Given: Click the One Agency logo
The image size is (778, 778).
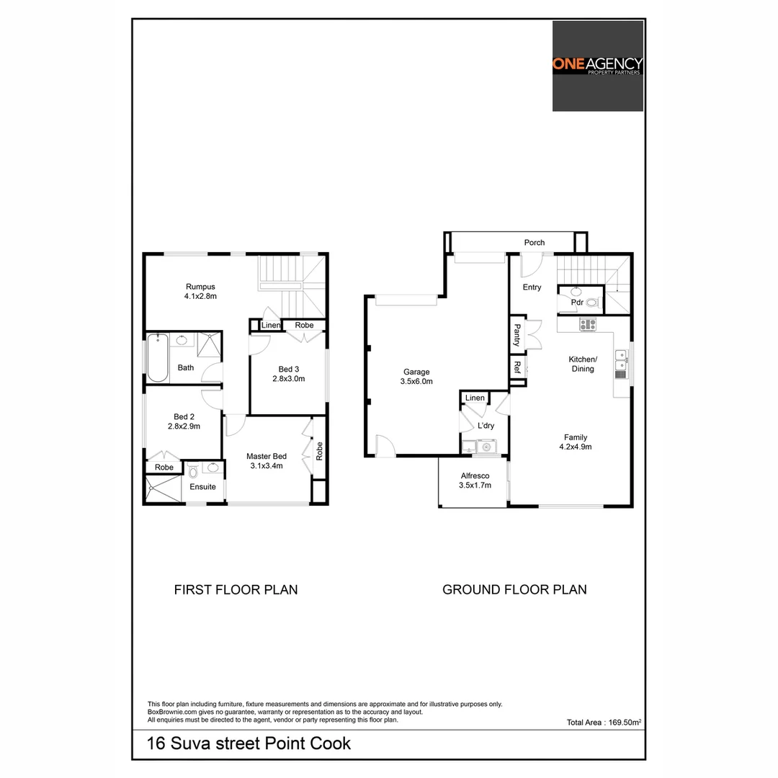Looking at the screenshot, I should tap(597, 66).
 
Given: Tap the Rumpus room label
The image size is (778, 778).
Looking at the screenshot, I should tap(200, 287).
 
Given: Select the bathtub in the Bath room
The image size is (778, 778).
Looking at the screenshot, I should tap(157, 358).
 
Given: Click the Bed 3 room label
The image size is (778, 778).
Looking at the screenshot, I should tap(286, 370).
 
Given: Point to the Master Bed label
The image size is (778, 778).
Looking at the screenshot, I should tap(267, 456).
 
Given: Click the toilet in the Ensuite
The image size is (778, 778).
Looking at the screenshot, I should tap(193, 472).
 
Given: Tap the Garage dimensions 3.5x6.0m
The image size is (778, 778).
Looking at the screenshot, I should tap(416, 382).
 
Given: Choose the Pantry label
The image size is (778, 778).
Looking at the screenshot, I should tap(517, 334).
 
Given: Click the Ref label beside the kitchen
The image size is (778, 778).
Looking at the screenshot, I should tap(517, 366).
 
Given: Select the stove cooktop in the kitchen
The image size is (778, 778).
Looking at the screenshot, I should tap(589, 324).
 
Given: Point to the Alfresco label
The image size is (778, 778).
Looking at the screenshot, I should tap(475, 476).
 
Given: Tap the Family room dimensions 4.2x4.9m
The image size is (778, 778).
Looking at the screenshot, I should tap(576, 447).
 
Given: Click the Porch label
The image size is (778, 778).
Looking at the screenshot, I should tap(535, 243).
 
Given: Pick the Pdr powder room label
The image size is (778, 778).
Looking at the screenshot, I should tap(577, 303).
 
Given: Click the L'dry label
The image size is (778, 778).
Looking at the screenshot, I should tap(486, 426).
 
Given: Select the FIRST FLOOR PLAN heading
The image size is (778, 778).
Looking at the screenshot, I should tap(236, 589).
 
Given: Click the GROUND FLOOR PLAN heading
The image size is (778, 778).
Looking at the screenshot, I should tap(514, 589).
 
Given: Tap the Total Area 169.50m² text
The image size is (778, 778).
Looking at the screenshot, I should tap(604, 722).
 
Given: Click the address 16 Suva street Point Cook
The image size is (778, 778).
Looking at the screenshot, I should tap(249, 743).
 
